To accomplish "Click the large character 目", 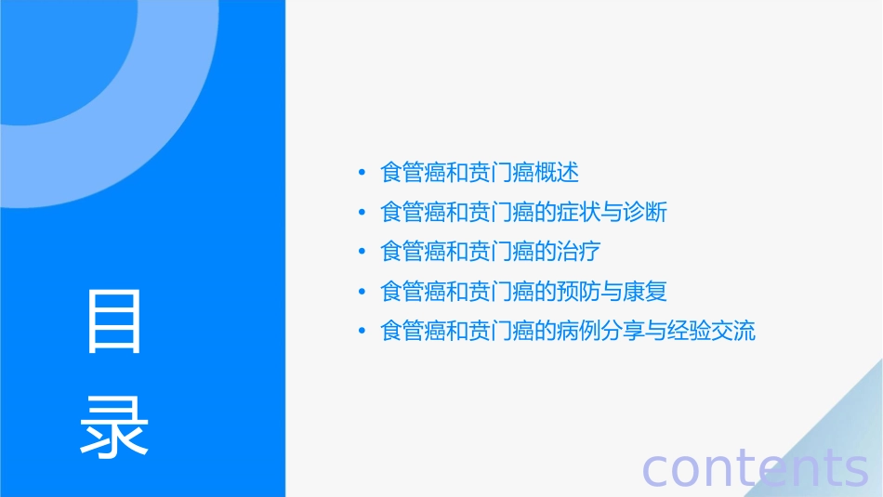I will pos(114,321).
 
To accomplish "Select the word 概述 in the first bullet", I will pos(558,173).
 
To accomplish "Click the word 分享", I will pos(624,331).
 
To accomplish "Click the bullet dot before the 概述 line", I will pos(362,174).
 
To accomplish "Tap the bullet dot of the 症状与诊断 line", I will pos(362,213).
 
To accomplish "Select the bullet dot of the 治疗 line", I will pos(362,253).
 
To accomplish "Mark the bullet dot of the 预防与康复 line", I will pos(362,292).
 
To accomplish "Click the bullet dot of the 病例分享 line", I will pos(362,332).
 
